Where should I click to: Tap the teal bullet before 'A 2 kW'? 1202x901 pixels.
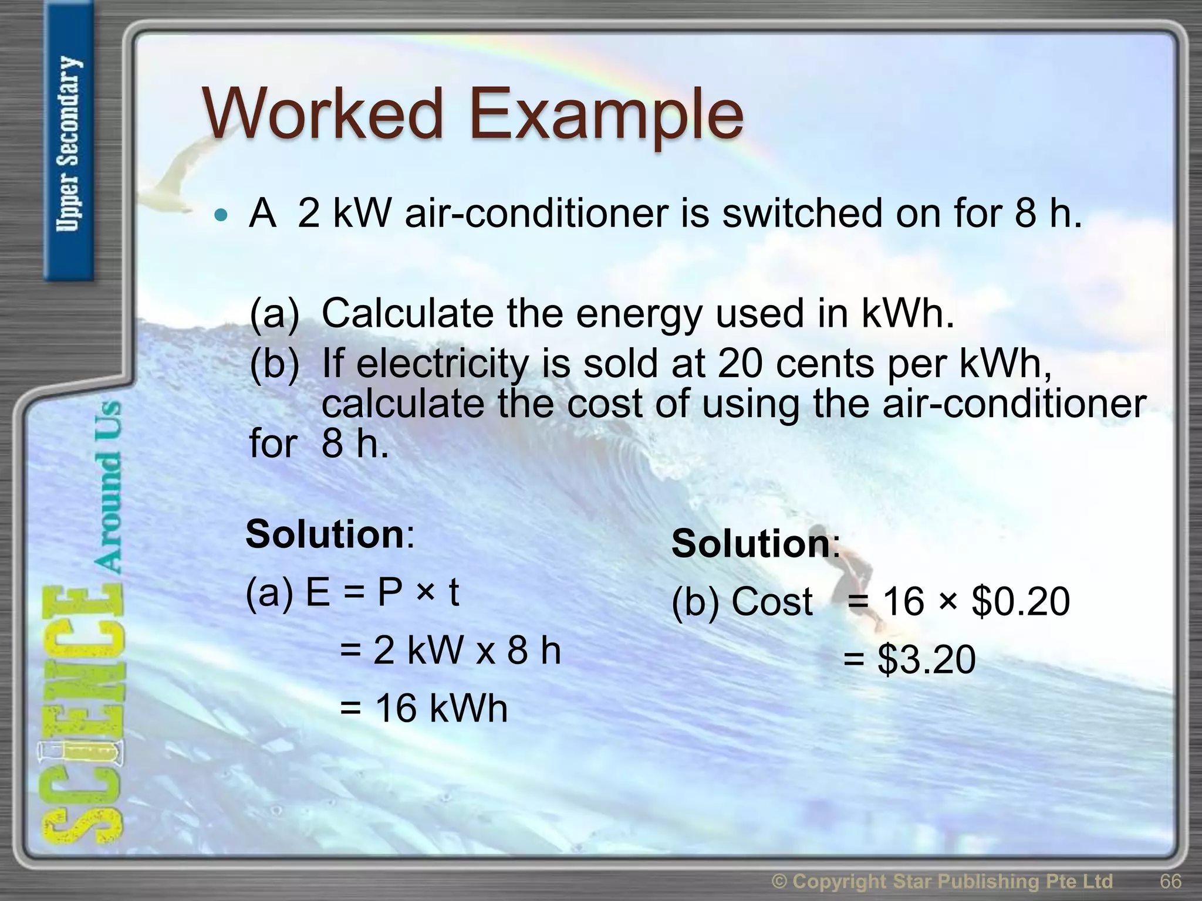click(221, 215)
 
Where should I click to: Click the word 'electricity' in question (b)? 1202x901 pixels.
click(443, 364)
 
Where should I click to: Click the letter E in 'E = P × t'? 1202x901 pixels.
click(318, 592)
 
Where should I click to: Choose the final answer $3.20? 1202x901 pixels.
click(926, 659)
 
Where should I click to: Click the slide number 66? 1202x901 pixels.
click(1170, 881)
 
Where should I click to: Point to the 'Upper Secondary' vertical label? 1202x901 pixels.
click(69, 144)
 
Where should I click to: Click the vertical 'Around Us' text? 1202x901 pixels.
click(107, 487)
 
